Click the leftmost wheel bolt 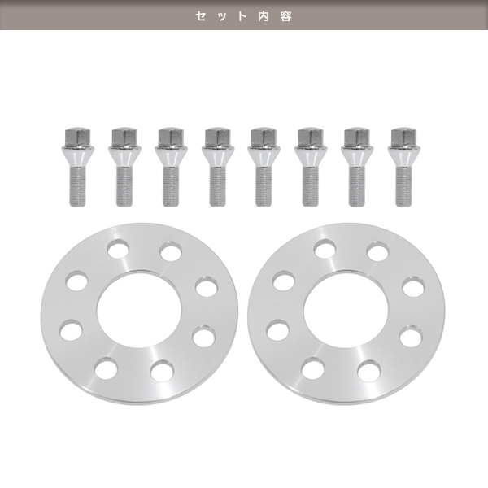[x=77, y=167]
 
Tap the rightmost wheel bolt [x=403, y=167]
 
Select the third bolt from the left [x=171, y=167]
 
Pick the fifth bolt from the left [x=264, y=167]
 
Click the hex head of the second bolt [x=124, y=137]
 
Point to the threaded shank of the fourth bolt [x=217, y=187]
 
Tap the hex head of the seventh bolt [x=357, y=137]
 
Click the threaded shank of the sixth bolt [x=311, y=187]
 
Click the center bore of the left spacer [x=139, y=311]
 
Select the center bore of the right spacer [x=346, y=311]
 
